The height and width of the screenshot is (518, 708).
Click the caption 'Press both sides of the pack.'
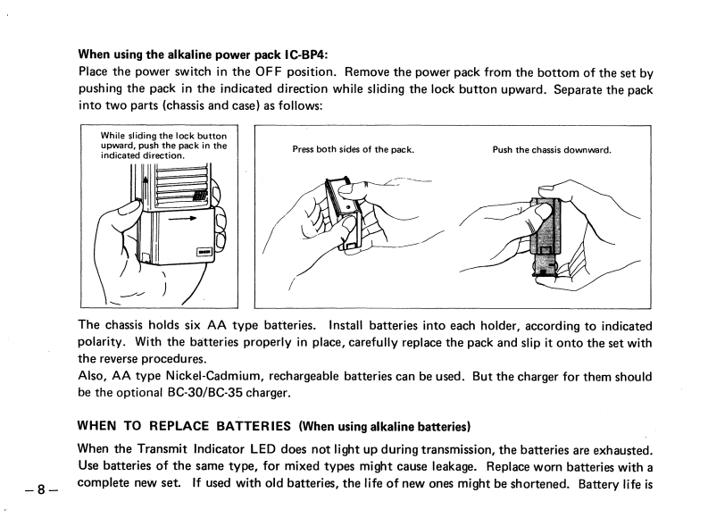click(353, 149)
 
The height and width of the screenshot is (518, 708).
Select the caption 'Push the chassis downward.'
click(551, 149)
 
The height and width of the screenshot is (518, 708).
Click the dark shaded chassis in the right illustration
click(546, 228)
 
